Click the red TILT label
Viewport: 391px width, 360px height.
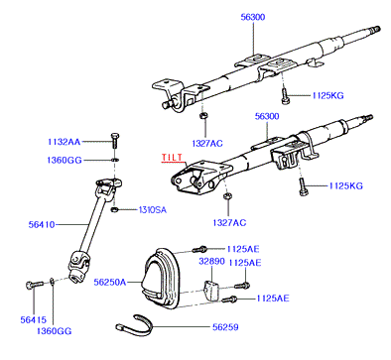click(172, 158)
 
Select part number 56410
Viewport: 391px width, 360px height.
click(42, 225)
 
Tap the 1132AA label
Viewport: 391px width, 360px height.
click(65, 142)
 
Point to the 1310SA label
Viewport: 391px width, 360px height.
click(153, 210)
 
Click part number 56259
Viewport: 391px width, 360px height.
click(225, 327)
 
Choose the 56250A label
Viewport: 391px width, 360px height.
click(110, 283)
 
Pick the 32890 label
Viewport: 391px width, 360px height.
click(211, 262)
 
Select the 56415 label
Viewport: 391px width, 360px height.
click(34, 320)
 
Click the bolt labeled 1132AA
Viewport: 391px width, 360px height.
click(114, 141)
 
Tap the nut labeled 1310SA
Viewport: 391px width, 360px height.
click(114, 209)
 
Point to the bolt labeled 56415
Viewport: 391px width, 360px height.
click(34, 285)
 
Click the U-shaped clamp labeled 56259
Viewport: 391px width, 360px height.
click(134, 325)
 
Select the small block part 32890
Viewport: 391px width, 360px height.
click(210, 290)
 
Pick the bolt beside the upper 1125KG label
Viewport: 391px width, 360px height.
click(285, 96)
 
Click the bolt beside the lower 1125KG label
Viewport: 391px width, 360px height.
click(304, 186)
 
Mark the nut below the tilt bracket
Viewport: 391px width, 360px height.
click(227, 196)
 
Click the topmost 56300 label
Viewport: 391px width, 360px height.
click(253, 17)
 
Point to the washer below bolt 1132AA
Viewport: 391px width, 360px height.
click(114, 160)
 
